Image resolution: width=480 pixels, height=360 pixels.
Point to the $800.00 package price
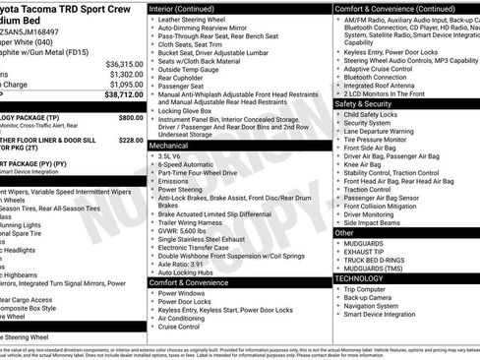tap(130, 117)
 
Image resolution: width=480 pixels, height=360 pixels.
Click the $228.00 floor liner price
tap(130, 140)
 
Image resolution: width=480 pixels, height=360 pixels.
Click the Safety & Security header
tap(364, 103)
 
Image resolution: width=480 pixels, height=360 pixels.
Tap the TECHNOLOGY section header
tap(358, 278)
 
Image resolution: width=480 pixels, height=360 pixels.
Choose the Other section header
tap(344, 233)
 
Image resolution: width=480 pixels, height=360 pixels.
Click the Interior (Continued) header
tap(185, 8)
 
